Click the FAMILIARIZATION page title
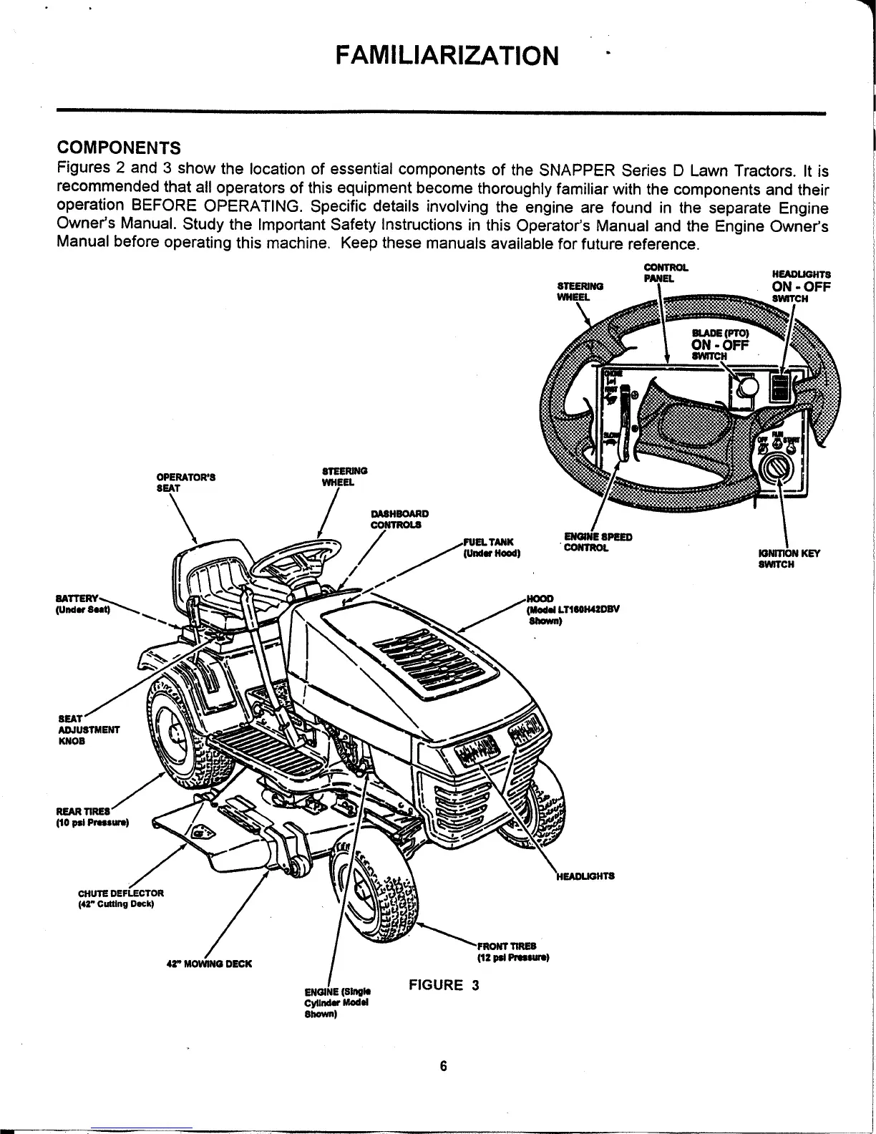448,54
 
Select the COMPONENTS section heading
118,148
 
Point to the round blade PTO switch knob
746,387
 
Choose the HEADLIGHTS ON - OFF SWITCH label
800,286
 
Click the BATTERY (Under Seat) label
82,602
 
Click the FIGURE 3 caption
443,985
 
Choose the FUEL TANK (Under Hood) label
492,548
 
